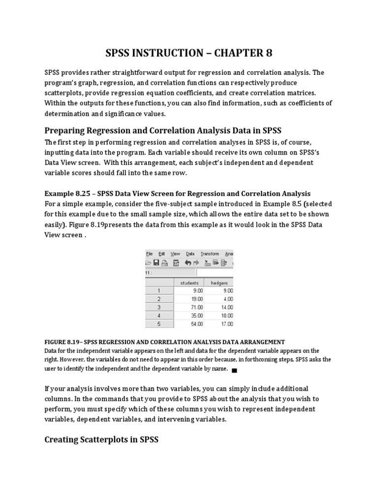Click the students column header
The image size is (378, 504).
pos(189,283)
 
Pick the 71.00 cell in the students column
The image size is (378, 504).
pos(189,307)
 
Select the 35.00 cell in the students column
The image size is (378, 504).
pos(189,315)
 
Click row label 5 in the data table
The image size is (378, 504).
pos(159,324)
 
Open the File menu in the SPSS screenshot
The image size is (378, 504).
pos(150,254)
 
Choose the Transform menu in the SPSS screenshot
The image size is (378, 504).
pos(210,254)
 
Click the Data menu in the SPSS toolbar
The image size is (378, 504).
pos(190,254)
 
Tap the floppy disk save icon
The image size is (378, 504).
pos(157,263)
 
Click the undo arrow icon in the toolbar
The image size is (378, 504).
pos(188,263)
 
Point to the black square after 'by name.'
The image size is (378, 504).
pos(234,370)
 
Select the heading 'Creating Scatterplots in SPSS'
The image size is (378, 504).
pos(101,440)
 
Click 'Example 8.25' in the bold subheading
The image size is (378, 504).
pos(65,193)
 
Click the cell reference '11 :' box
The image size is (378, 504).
pos(150,272)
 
